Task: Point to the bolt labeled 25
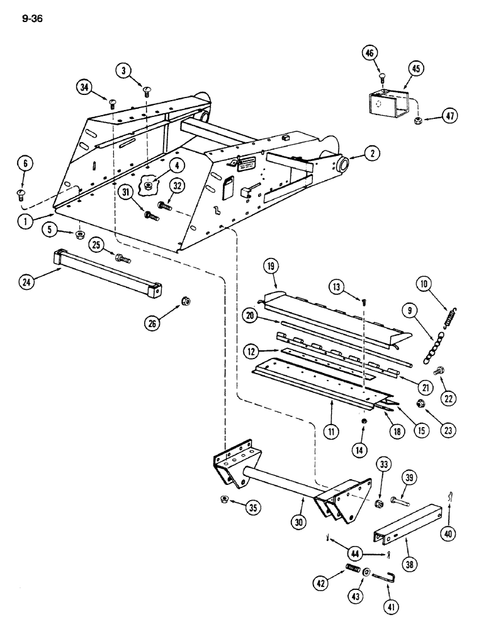(x=122, y=257)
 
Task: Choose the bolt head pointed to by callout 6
(x=20, y=194)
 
